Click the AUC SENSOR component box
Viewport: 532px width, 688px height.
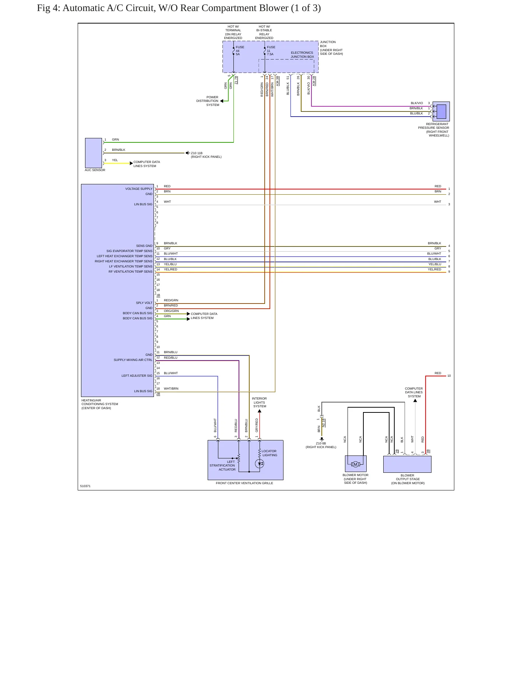tap(94, 153)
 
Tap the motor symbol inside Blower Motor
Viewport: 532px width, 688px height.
tap(355, 464)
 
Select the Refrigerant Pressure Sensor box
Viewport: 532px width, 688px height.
tap(441, 111)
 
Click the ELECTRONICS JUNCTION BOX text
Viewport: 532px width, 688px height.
tap(302, 55)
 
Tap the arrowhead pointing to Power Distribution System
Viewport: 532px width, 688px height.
tap(222, 101)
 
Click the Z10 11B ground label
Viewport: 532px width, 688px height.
tap(197, 153)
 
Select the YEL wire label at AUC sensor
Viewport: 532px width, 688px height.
tap(115, 160)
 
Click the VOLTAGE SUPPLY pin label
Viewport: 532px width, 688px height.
tap(139, 189)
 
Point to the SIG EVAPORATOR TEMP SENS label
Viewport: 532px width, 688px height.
tap(130, 251)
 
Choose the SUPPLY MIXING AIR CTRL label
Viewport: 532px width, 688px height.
tap(133, 360)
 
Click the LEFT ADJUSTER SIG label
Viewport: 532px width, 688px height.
tap(137, 376)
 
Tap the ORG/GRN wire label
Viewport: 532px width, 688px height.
tap(171, 311)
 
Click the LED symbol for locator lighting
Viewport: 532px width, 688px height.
tap(260, 464)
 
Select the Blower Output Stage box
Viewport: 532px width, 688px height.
tap(407, 464)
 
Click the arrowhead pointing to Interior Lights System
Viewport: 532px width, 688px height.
tap(260, 411)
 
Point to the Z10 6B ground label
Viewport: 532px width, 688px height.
tap(321, 443)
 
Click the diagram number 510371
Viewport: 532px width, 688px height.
tap(85, 486)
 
